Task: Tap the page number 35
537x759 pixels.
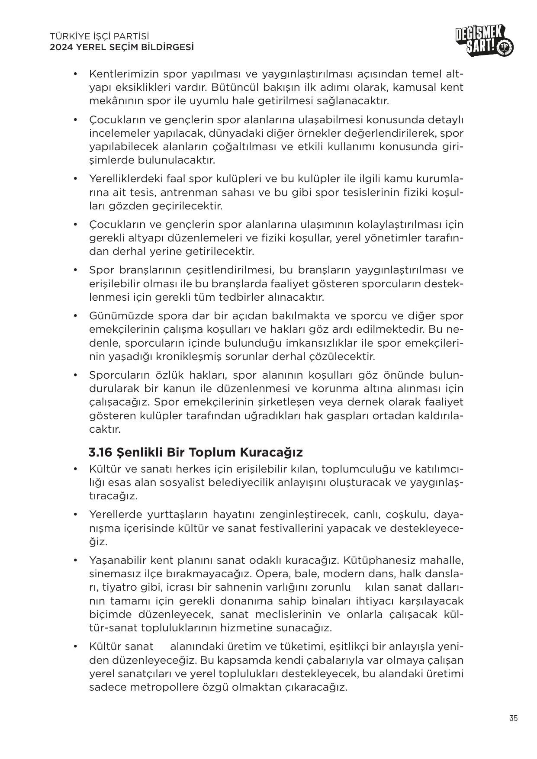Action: tap(513, 718)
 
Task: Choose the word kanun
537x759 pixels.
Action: tap(188, 389)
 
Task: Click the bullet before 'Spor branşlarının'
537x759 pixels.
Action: tap(75, 270)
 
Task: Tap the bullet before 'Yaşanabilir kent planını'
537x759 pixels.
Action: tap(75, 560)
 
